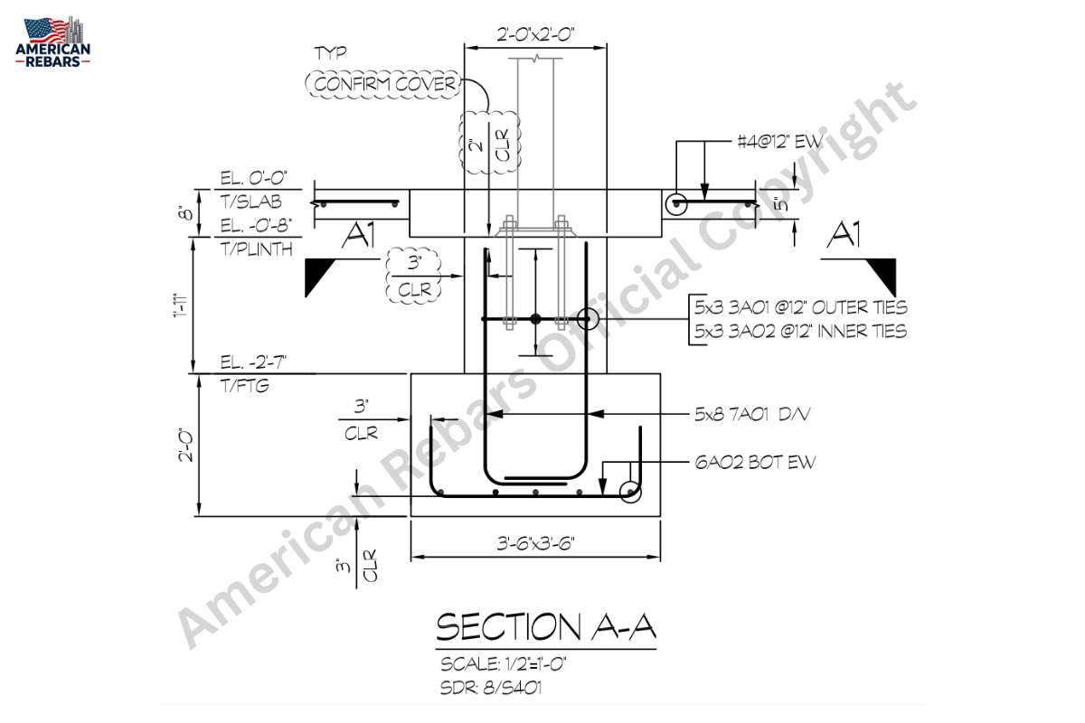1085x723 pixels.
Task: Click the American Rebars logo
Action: pyautogui.click(x=52, y=42)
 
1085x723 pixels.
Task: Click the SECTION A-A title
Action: pyautogui.click(x=546, y=627)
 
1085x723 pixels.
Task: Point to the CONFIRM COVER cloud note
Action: pyautogui.click(x=383, y=84)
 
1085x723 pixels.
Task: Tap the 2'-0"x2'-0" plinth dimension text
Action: pyautogui.click(x=535, y=35)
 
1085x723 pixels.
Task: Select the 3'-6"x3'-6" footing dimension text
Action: pyautogui.click(x=535, y=543)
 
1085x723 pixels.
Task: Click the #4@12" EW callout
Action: pyautogui.click(x=779, y=141)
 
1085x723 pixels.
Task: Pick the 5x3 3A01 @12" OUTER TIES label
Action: pyautogui.click(x=801, y=307)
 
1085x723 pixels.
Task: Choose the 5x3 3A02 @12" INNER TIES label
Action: pyautogui.click(x=800, y=332)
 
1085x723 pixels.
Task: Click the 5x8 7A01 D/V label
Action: pyautogui.click(x=752, y=415)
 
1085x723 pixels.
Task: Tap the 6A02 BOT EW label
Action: pyautogui.click(x=755, y=463)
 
